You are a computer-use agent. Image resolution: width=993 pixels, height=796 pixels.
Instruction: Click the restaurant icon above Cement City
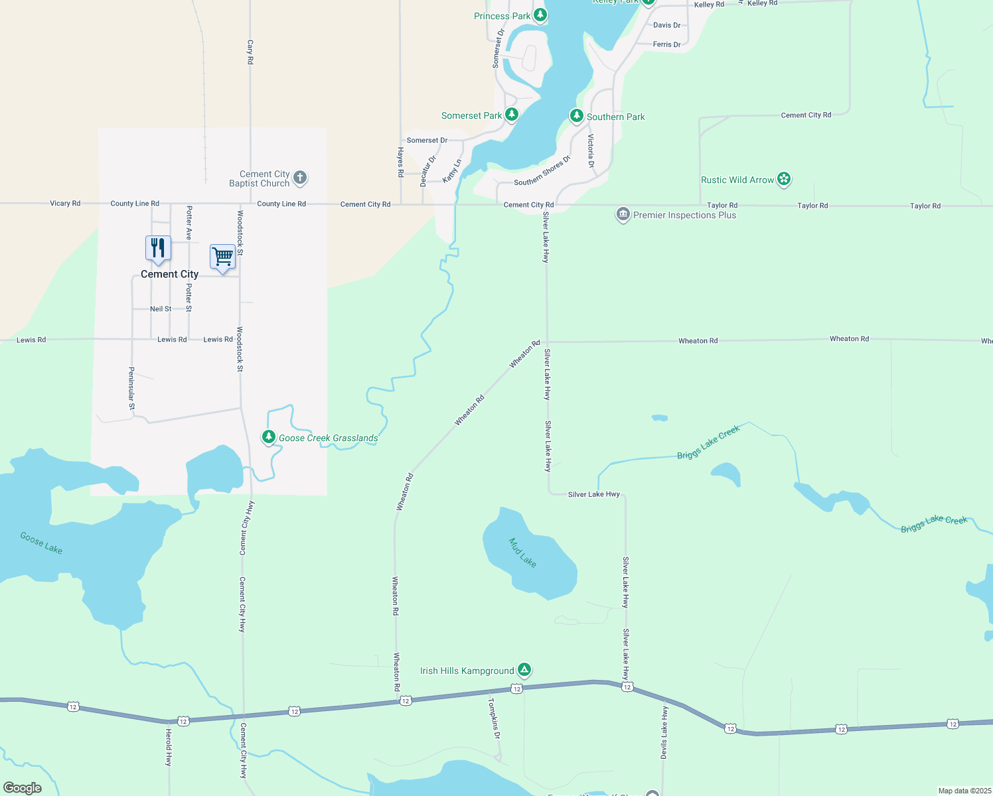[158, 249]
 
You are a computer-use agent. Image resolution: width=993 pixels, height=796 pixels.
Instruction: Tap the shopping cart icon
[223, 257]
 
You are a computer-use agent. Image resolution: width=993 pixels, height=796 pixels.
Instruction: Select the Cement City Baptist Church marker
[300, 178]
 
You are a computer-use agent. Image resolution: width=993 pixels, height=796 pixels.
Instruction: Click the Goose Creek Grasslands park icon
[269, 437]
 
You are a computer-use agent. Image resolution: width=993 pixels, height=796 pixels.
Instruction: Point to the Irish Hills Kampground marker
[524, 670]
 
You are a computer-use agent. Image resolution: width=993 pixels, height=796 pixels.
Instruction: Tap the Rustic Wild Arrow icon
[784, 179]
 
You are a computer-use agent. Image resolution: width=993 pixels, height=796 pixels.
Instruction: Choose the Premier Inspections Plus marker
[623, 214]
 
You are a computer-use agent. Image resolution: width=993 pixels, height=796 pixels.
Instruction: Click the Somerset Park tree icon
[511, 115]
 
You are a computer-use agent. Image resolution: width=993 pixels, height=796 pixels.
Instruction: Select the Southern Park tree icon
[576, 116]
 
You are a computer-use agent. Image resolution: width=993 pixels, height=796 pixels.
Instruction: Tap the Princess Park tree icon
[540, 15]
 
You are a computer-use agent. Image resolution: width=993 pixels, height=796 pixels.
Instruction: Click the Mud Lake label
[522, 553]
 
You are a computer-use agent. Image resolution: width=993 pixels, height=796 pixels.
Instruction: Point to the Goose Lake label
[41, 543]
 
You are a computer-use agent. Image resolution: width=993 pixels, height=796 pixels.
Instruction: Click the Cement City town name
[169, 274]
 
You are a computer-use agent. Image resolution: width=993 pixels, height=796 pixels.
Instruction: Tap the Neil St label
[161, 309]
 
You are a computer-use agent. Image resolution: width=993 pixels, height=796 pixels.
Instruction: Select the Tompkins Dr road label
[495, 718]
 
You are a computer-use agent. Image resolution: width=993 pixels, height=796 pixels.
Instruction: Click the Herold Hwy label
[169, 748]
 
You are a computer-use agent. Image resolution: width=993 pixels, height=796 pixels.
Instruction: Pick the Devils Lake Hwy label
[664, 732]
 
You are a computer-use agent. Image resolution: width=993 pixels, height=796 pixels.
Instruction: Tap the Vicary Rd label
[65, 204]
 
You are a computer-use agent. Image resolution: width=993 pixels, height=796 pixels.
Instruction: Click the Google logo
[23, 788]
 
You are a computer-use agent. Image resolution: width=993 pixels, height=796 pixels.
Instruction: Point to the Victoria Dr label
[591, 151]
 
